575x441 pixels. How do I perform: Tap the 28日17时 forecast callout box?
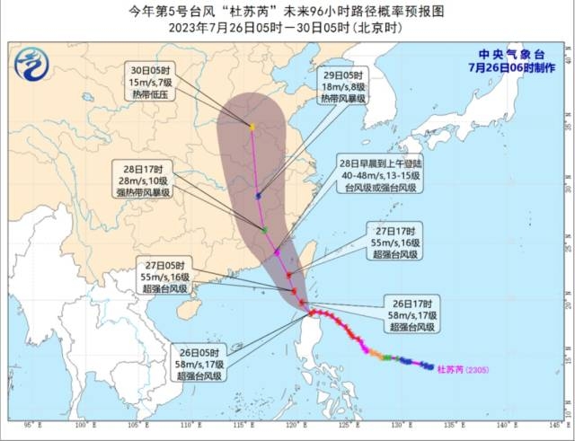click(x=144, y=180)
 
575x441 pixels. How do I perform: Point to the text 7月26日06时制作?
click(x=506, y=67)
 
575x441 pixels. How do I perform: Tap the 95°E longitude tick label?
click(x=29, y=424)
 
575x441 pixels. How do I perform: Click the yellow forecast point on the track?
click(x=252, y=127)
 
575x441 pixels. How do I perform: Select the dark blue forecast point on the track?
click(x=259, y=195)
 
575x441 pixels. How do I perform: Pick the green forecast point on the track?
click(x=264, y=230)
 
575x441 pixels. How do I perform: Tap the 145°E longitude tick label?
click(x=553, y=424)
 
